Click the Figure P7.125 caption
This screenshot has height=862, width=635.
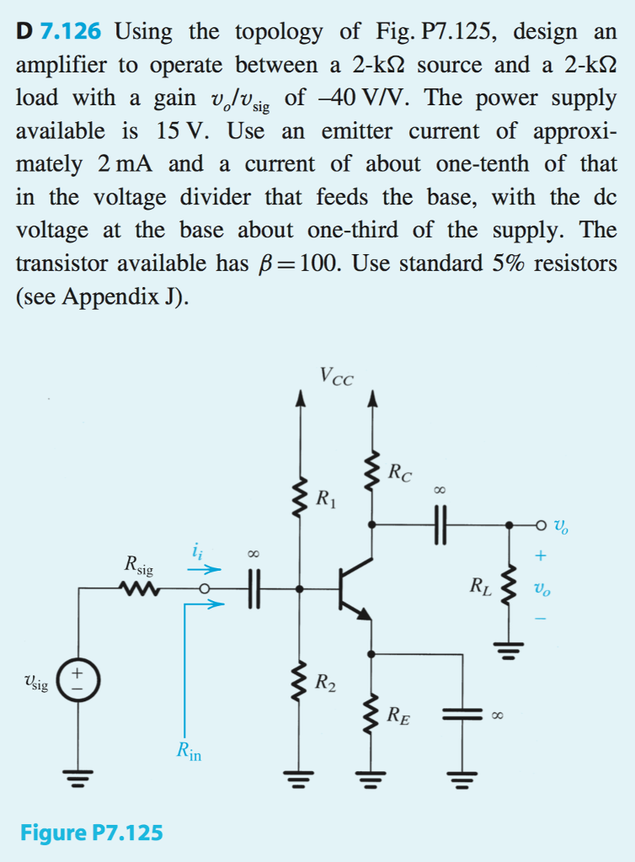92,833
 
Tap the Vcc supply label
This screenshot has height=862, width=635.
337,375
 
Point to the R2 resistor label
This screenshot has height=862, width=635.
326,682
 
